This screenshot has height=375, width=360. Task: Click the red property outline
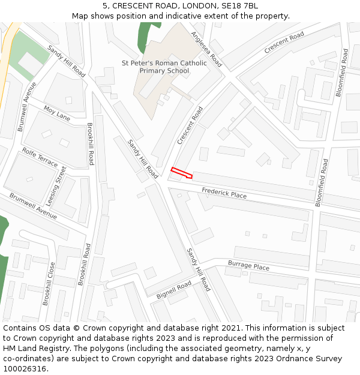coord(181,173)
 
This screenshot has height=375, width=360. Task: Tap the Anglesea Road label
coord(206,49)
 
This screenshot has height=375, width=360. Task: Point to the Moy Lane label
coord(57,113)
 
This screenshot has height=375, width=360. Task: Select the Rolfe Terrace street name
coord(40,157)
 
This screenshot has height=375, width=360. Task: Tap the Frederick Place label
coord(224,193)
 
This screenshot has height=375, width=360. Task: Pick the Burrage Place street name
coord(248,265)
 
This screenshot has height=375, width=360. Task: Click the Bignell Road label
coord(173,290)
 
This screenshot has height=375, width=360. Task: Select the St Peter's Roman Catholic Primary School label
coord(164,67)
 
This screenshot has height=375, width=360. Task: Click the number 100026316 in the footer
coord(25,368)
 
